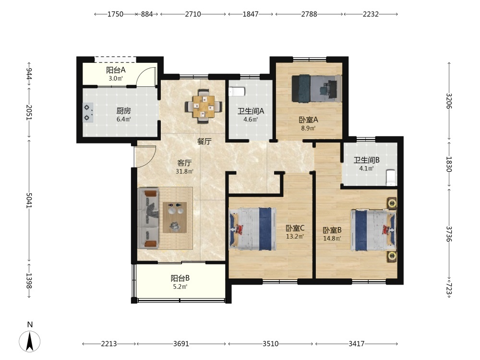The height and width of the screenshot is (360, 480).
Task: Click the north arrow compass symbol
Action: click(30, 341)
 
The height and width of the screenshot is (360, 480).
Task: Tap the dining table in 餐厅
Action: click(203, 107)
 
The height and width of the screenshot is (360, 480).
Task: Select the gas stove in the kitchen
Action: click(88, 112)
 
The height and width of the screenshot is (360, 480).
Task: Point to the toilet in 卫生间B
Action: click(391, 178)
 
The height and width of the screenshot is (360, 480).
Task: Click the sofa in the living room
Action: click(149, 218)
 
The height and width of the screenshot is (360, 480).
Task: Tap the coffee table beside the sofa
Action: click(175, 217)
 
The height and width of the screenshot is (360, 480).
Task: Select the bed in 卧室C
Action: click(253, 229)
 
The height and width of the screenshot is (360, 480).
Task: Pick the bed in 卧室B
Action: click(373, 229)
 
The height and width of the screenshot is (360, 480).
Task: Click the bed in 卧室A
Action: click(317, 88)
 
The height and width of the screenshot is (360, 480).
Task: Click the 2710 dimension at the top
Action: click(193, 14)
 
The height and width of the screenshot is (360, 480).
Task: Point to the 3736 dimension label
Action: click(449, 234)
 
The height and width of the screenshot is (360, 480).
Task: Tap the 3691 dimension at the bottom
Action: click(181, 344)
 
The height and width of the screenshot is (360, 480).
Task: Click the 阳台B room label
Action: click(180, 278)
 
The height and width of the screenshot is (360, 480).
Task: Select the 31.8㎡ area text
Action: click(184, 171)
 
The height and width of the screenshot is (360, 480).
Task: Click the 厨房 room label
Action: click(123, 111)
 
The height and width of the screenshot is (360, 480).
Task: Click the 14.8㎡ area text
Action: click(332, 238)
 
